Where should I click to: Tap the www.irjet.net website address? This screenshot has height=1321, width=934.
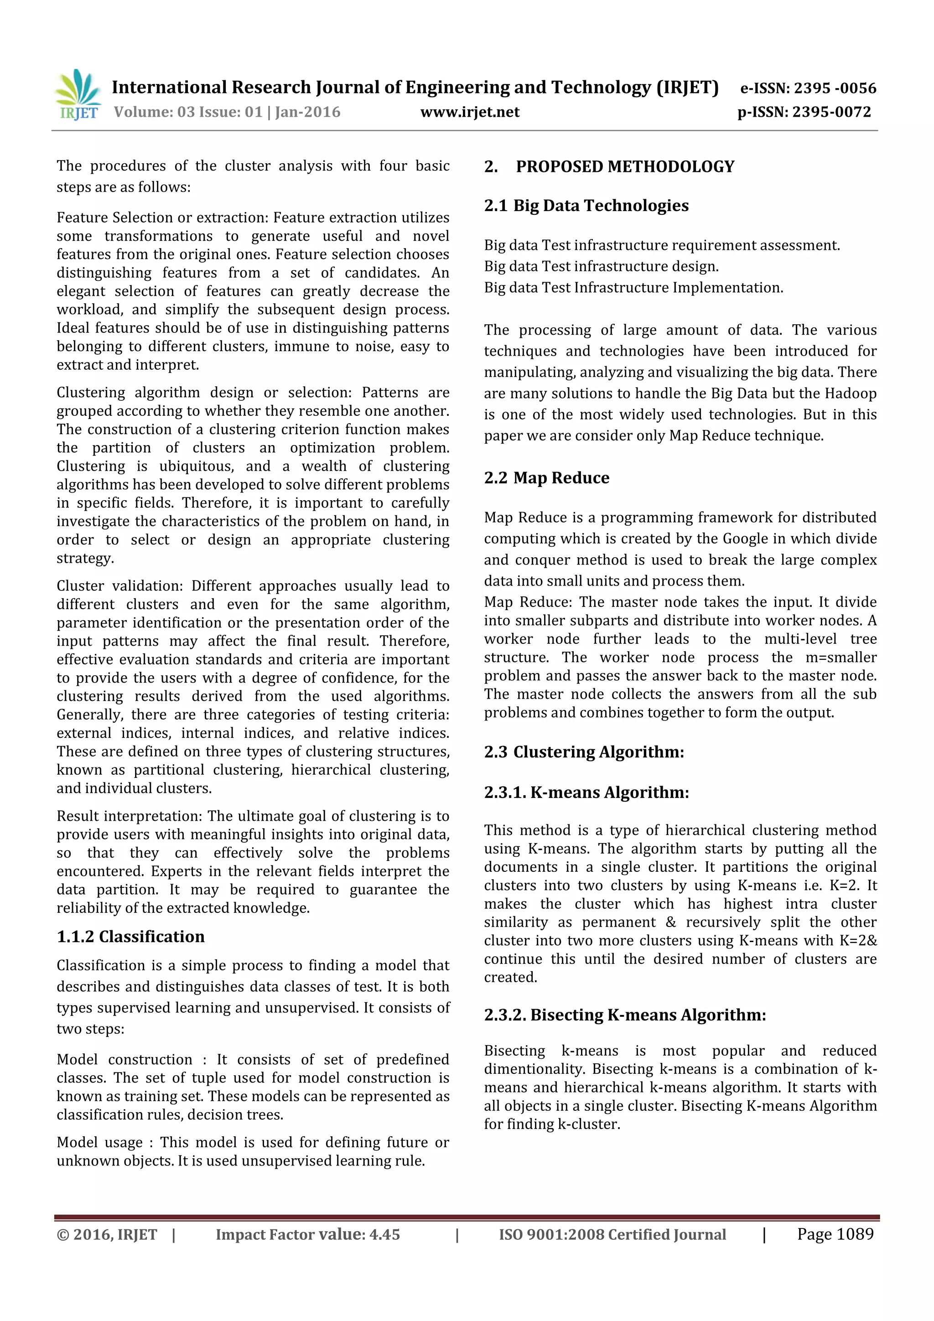tap(470, 112)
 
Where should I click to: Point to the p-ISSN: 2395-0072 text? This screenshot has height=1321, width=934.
tap(804, 112)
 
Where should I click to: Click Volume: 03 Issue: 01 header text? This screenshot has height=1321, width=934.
tap(227, 112)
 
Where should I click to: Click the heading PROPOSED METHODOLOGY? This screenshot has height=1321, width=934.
tap(624, 167)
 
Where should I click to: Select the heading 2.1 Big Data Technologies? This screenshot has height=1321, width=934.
tap(586, 205)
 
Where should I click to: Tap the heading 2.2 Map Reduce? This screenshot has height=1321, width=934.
tap(546, 477)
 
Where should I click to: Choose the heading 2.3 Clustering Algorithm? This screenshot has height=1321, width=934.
tap(584, 751)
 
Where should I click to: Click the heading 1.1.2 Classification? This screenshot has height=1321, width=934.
tap(130, 936)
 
